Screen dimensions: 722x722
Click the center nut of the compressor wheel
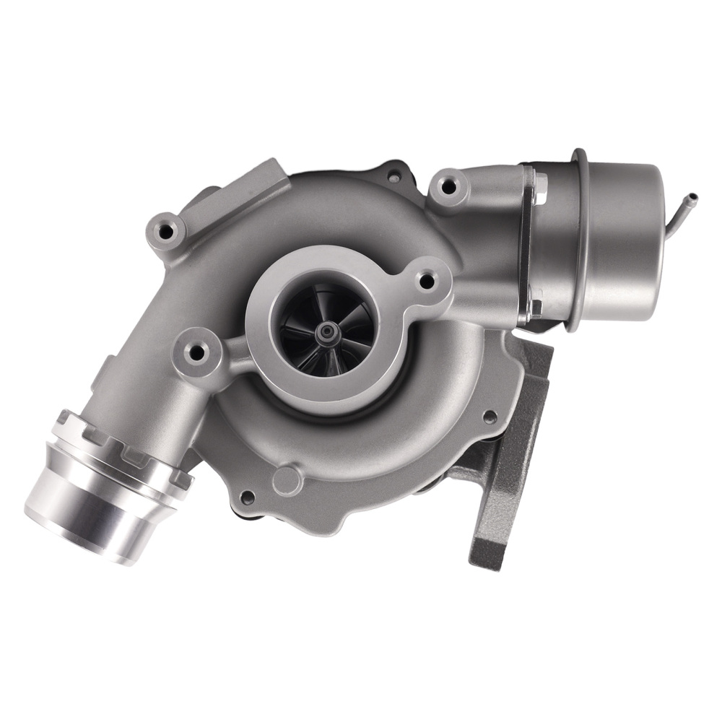(329, 331)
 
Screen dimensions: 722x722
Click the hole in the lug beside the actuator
(448, 186)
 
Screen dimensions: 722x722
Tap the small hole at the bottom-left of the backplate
(248, 497)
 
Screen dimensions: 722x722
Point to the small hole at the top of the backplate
(393, 175)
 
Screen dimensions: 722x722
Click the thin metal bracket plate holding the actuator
(533, 245)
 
